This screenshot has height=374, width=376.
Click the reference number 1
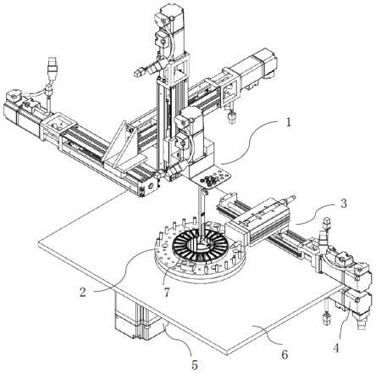(288, 123)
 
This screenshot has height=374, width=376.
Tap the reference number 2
(82, 292)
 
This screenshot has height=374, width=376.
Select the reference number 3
(343, 204)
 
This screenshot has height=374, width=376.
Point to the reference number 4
(336, 348)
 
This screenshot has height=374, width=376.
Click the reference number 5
(195, 365)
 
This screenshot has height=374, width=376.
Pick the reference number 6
(285, 354)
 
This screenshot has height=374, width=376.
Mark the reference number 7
(167, 292)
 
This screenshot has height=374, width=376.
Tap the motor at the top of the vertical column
(171, 27)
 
